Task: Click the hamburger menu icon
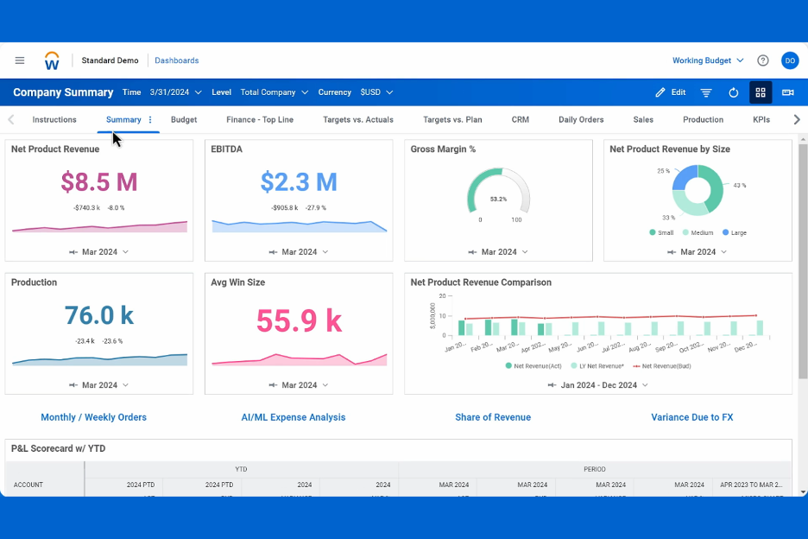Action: pos(20,60)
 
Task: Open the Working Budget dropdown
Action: pos(707,60)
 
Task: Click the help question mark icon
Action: pos(762,60)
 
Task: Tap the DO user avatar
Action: pos(789,60)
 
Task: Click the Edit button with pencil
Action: pos(670,92)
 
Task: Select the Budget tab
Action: pos(184,120)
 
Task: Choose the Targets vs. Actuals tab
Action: pos(357,120)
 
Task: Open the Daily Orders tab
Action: pos(581,120)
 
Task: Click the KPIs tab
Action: pos(761,120)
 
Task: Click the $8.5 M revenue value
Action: pos(98,181)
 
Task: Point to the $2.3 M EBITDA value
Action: pos(299,181)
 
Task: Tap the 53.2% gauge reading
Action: pos(498,199)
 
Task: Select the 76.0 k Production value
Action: pos(98,315)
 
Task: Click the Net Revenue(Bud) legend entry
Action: pos(665,366)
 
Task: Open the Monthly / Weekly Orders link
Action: pos(93,417)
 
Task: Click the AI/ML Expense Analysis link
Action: pos(293,417)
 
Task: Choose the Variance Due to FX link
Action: pos(691,417)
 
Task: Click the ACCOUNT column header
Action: pos(28,485)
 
